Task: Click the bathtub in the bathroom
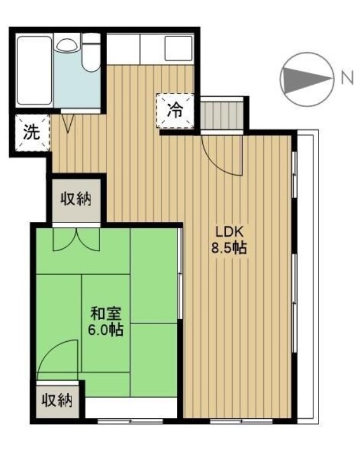click(x=35, y=70)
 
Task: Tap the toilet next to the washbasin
click(x=91, y=52)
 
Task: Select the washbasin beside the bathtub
click(x=67, y=46)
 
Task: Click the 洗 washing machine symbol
click(x=32, y=133)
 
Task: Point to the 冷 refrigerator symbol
click(x=176, y=111)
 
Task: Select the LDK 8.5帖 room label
click(x=229, y=240)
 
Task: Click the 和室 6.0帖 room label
click(x=106, y=322)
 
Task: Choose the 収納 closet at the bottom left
click(x=57, y=400)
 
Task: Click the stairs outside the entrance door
click(x=222, y=115)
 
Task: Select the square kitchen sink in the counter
click(x=179, y=48)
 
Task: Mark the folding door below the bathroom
click(x=68, y=123)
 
